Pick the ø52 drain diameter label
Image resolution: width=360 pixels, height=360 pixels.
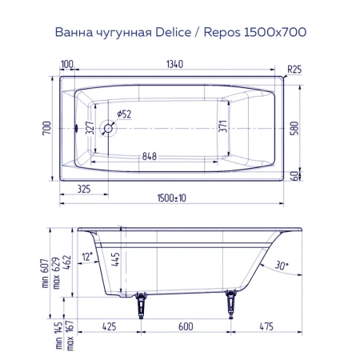coord(123,114)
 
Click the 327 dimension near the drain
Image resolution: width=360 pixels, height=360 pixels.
coord(90,128)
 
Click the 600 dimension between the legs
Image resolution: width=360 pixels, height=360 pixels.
coord(186,326)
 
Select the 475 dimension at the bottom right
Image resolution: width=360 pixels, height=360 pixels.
coord(268,326)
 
